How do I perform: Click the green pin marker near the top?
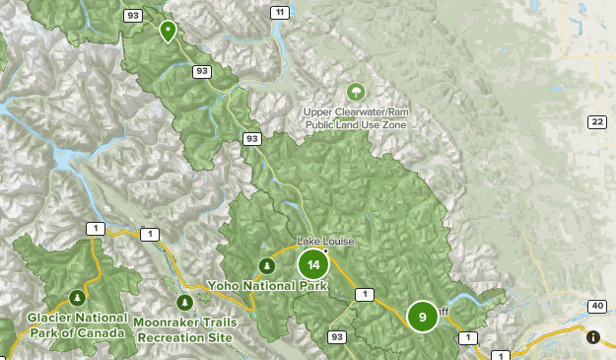click(x=169, y=31)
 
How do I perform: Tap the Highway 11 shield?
click(x=281, y=12)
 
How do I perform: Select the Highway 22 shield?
click(x=596, y=121)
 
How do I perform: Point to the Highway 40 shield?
click(x=596, y=306)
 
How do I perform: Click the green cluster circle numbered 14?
click(x=313, y=264)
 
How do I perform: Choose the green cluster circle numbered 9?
click(x=422, y=317)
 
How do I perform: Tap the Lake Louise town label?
click(x=327, y=242)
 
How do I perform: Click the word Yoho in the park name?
click(x=225, y=286)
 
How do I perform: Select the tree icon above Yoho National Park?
click(x=265, y=264)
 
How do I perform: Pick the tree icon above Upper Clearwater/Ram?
click(x=355, y=92)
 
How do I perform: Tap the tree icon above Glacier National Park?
click(x=77, y=296)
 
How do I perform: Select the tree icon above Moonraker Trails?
click(x=183, y=302)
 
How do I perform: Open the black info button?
click(x=593, y=337)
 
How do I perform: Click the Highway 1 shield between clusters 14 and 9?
click(x=365, y=294)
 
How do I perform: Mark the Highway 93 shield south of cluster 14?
click(x=338, y=337)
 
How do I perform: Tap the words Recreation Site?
click(x=185, y=336)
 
